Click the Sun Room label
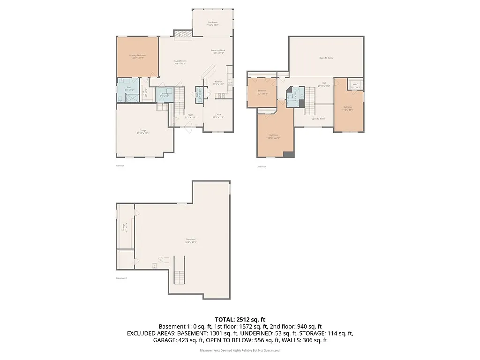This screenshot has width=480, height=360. point(213,23)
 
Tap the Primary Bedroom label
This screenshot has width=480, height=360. point(137,57)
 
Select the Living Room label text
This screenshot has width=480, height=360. point(180,62)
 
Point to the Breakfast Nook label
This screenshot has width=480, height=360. point(218,52)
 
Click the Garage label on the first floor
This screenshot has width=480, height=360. point(143,132)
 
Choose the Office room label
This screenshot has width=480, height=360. point(218,116)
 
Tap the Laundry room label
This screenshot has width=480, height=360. point(164,95)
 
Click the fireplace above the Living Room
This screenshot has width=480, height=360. point(182,34)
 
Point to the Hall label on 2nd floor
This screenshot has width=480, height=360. point(324,84)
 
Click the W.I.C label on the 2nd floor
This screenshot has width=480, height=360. point(356,86)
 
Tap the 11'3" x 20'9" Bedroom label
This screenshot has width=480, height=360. point(348,108)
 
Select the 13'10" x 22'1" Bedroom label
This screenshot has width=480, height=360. point(273,136)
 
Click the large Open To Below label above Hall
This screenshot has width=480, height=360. point(326,58)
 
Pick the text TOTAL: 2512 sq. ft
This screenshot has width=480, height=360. point(240,319)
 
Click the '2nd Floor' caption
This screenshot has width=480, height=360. point(261,166)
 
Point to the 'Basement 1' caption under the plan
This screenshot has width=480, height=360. point(121,278)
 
